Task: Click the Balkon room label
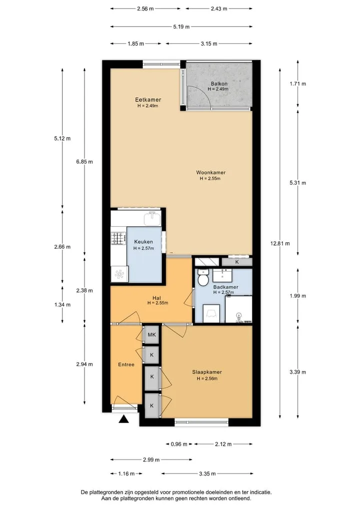coord(219,83)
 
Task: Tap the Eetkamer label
coord(148,100)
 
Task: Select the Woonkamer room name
coord(211,173)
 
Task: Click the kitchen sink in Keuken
coord(152,218)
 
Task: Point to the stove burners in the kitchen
coord(118,238)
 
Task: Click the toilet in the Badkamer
coord(203,278)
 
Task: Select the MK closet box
coord(151,335)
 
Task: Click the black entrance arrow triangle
coord(123,419)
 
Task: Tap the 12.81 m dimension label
coord(280,243)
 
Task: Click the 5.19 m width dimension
coord(181,26)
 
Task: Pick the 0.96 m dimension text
coord(179,444)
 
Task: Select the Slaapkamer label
coord(207,372)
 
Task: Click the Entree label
coord(126,365)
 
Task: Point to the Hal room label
coord(156,298)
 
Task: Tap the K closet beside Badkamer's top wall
coord(237,262)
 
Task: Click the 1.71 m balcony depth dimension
coord(297,83)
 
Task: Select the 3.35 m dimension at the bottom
coord(207,474)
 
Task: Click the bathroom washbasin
coord(222,275)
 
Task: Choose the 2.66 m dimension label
coord(62,247)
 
